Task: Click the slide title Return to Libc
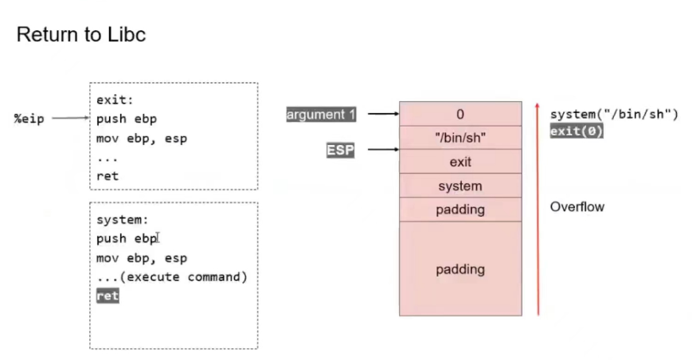point(80,35)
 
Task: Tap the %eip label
point(29,119)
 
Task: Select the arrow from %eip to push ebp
point(70,119)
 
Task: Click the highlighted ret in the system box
point(107,295)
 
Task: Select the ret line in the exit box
point(107,176)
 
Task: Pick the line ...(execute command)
point(171,277)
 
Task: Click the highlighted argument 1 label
point(321,115)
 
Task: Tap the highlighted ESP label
point(339,150)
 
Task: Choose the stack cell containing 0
point(459,114)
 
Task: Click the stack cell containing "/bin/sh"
point(459,138)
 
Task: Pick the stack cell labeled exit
point(459,162)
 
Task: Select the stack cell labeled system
point(459,186)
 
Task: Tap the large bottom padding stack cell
point(459,269)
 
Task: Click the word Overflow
point(577,207)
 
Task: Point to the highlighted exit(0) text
point(576,131)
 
